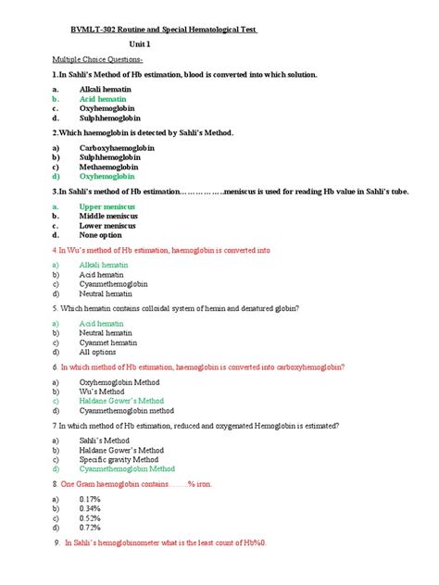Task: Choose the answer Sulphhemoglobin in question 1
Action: [112, 118]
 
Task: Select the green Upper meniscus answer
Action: [107, 206]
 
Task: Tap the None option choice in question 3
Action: [102, 235]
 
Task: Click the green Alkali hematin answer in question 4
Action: [105, 265]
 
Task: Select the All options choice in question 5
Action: [99, 352]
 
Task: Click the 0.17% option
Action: [91, 497]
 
